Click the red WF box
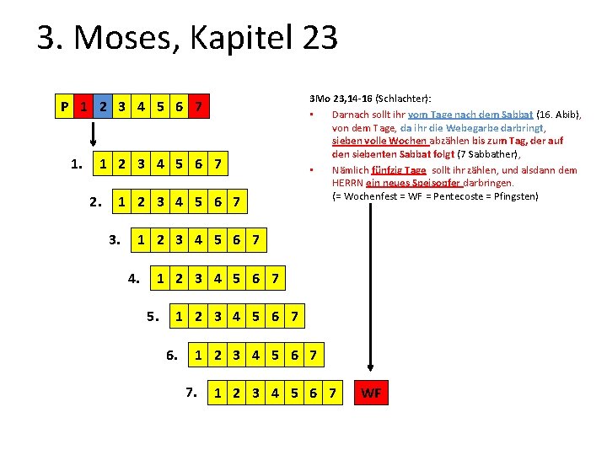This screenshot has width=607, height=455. coord(371,393)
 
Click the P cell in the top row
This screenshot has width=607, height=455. coord(65,107)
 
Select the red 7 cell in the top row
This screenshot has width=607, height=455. coord(197,107)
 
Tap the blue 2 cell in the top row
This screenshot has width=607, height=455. coord(103,107)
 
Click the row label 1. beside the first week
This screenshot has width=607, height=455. coord(76,163)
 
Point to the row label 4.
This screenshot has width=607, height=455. coord(134,276)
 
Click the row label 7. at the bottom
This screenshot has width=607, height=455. coord(191,392)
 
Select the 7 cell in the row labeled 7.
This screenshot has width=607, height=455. coord(333,393)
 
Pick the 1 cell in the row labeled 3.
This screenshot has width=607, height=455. coord(141,241)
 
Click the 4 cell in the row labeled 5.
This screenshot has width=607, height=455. coord(237,317)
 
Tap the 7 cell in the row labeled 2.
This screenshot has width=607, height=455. coord(237,202)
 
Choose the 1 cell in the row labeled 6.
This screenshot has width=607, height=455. coord(198,356)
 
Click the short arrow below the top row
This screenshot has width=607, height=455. coord(94,132)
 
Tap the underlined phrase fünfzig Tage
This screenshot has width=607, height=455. coord(397,169)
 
